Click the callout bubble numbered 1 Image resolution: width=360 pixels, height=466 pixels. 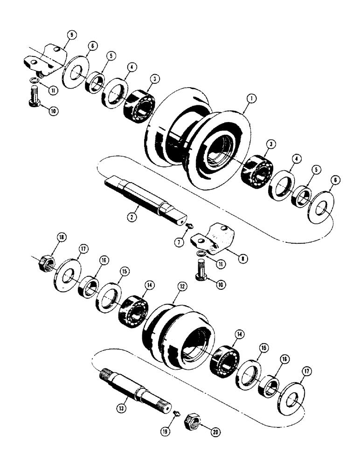pos(251,98)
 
